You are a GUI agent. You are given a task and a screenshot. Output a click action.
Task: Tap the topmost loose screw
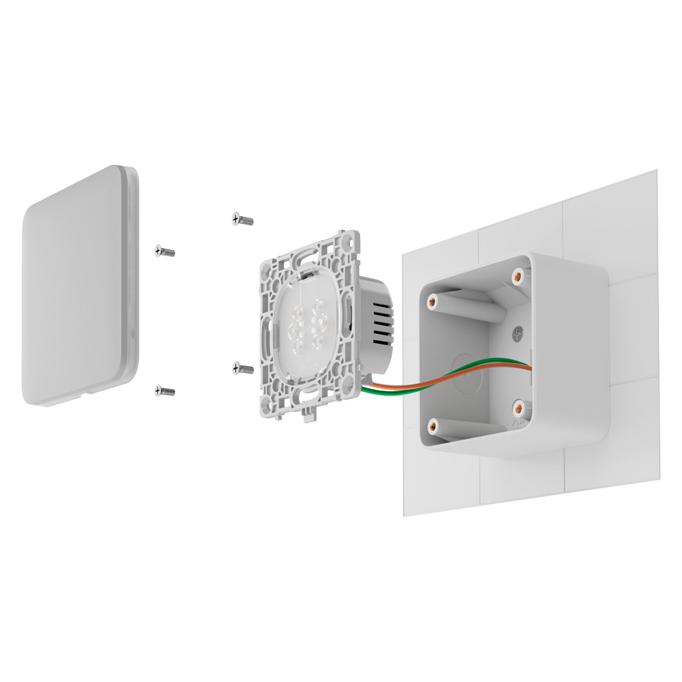242,219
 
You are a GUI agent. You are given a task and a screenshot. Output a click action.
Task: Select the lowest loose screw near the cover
164,391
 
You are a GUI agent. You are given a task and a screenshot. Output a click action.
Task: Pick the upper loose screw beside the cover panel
164,252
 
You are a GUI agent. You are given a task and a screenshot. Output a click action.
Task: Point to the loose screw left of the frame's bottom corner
242,368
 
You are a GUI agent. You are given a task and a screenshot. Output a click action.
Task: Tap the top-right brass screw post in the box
518,276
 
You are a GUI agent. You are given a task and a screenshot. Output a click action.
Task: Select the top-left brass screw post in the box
431,301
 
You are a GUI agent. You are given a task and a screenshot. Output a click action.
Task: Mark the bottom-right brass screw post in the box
518,408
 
